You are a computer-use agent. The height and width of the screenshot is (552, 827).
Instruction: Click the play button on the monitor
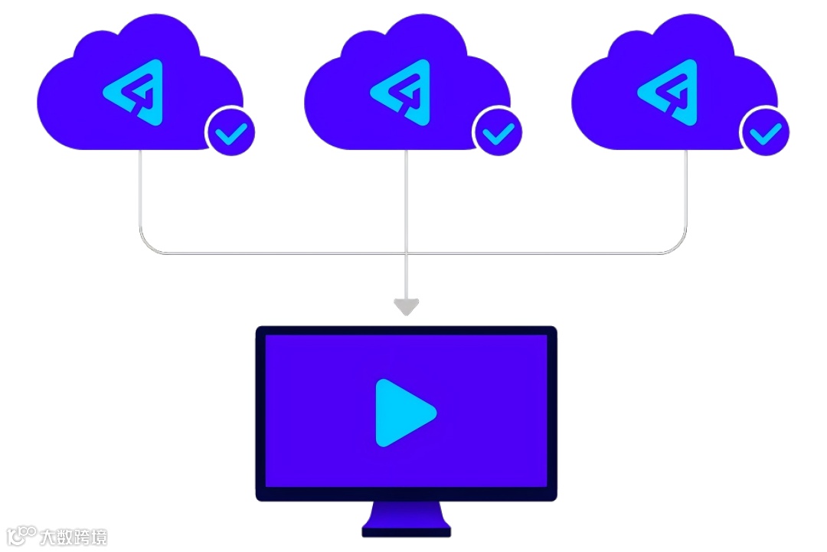coord(404,413)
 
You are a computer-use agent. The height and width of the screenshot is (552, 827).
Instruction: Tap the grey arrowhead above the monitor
coord(406,307)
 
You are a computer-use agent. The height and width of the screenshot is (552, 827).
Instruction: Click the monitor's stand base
coord(407,530)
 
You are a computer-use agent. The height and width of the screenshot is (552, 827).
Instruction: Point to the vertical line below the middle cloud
coord(406,199)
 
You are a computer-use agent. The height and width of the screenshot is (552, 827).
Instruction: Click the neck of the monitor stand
coord(407,511)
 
